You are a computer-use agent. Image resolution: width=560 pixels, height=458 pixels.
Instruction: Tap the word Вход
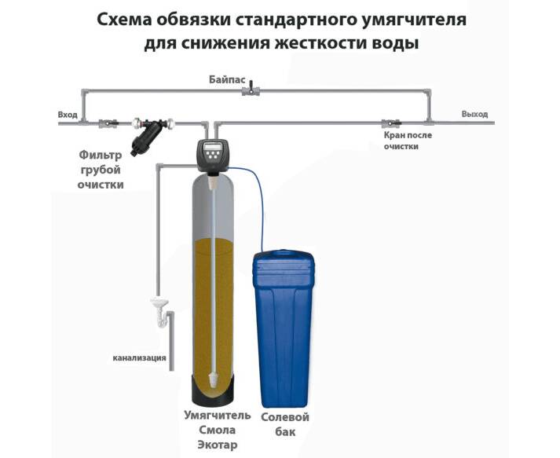pyautogui.click(x=68, y=115)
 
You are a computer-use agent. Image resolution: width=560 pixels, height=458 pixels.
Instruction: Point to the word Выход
pyautogui.click(x=474, y=115)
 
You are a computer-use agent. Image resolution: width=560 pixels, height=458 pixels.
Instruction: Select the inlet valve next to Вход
pyautogui.click(x=108, y=123)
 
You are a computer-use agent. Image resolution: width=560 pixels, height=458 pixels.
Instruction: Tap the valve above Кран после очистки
pyautogui.click(x=388, y=123)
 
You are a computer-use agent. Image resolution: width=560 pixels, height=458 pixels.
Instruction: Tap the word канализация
pyautogui.click(x=139, y=358)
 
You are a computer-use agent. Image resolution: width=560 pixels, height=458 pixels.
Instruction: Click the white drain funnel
pyautogui.click(x=159, y=302)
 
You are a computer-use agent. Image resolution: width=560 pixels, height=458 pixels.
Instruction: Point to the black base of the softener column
pyautogui.click(x=216, y=389)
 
